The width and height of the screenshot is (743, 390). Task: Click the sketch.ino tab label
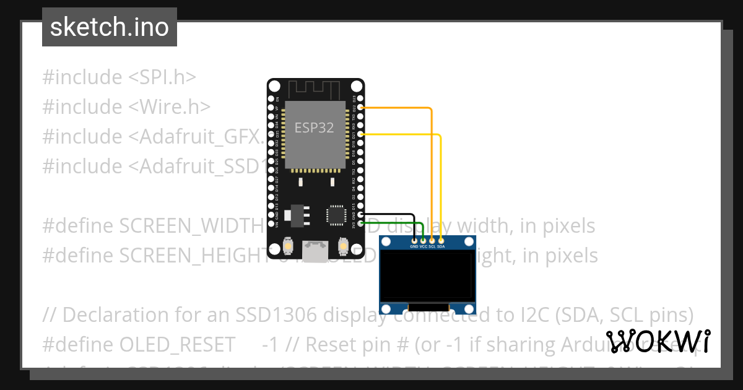(109, 27)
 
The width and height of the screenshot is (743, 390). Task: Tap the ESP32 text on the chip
(314, 128)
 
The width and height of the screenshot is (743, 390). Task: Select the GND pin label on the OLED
(414, 246)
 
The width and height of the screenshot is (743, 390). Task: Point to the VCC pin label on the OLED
(424, 246)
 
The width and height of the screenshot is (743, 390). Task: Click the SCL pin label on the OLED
(432, 246)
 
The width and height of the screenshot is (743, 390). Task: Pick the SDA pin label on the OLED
(441, 246)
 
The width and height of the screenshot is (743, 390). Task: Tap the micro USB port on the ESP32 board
(315, 250)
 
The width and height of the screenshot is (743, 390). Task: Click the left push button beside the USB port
(288, 247)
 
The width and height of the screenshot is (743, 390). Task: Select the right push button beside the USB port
(342, 247)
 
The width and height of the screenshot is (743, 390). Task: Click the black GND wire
(390, 214)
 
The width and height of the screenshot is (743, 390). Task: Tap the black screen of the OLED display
(428, 276)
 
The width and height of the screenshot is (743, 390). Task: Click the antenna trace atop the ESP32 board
(315, 89)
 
